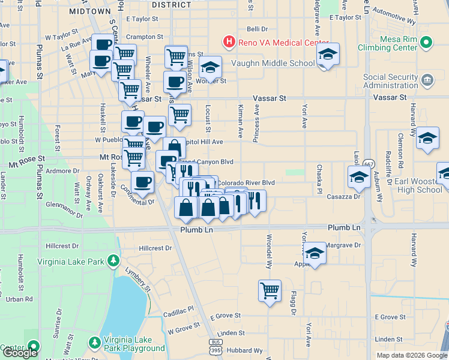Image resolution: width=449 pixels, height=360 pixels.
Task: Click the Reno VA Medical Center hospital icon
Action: coord(229,42)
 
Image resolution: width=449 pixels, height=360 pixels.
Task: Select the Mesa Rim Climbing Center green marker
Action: coord(426,43)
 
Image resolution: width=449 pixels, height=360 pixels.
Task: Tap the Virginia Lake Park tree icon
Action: coord(112,261)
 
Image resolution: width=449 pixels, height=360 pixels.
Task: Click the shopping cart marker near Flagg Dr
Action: coord(270,290)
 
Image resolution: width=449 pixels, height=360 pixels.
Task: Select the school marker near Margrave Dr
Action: coord(315,253)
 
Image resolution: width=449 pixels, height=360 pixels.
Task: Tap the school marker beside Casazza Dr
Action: coord(359,176)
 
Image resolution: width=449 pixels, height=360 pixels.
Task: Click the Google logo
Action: coord(20,353)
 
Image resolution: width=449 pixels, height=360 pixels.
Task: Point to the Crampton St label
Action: coord(140,37)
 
